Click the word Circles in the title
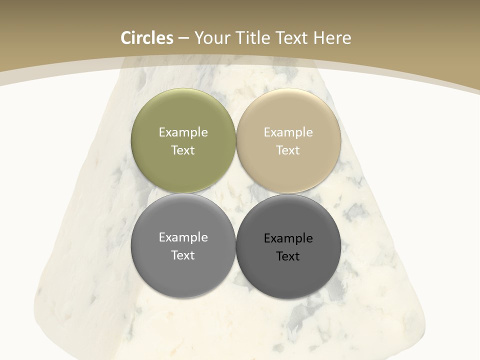pyautogui.click(x=146, y=38)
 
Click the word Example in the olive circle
pyautogui.click(x=183, y=132)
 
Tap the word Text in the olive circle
pyautogui.click(x=183, y=150)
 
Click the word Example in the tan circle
pyautogui.click(x=288, y=132)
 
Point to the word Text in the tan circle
pyautogui.click(x=288, y=150)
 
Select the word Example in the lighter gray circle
pyautogui.click(x=183, y=237)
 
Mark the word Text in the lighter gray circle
pyautogui.click(x=183, y=255)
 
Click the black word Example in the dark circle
pyautogui.click(x=288, y=238)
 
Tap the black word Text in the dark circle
pyautogui.click(x=288, y=256)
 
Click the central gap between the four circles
pyautogui.click(x=235, y=193)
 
